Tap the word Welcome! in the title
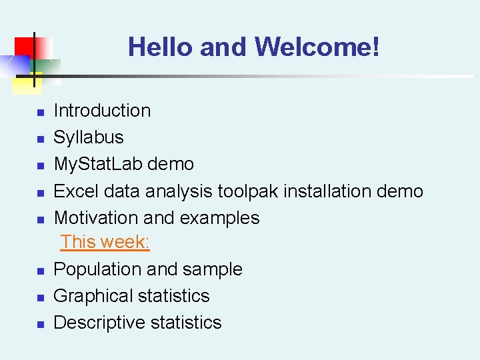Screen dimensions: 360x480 tap(317, 47)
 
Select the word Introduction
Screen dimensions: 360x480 tap(102, 111)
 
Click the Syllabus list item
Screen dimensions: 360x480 tap(89, 138)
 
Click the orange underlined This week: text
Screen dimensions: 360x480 tap(105, 242)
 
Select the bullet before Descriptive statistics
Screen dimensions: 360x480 tap(40, 325)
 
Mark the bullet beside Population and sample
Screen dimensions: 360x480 tap(40, 271)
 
